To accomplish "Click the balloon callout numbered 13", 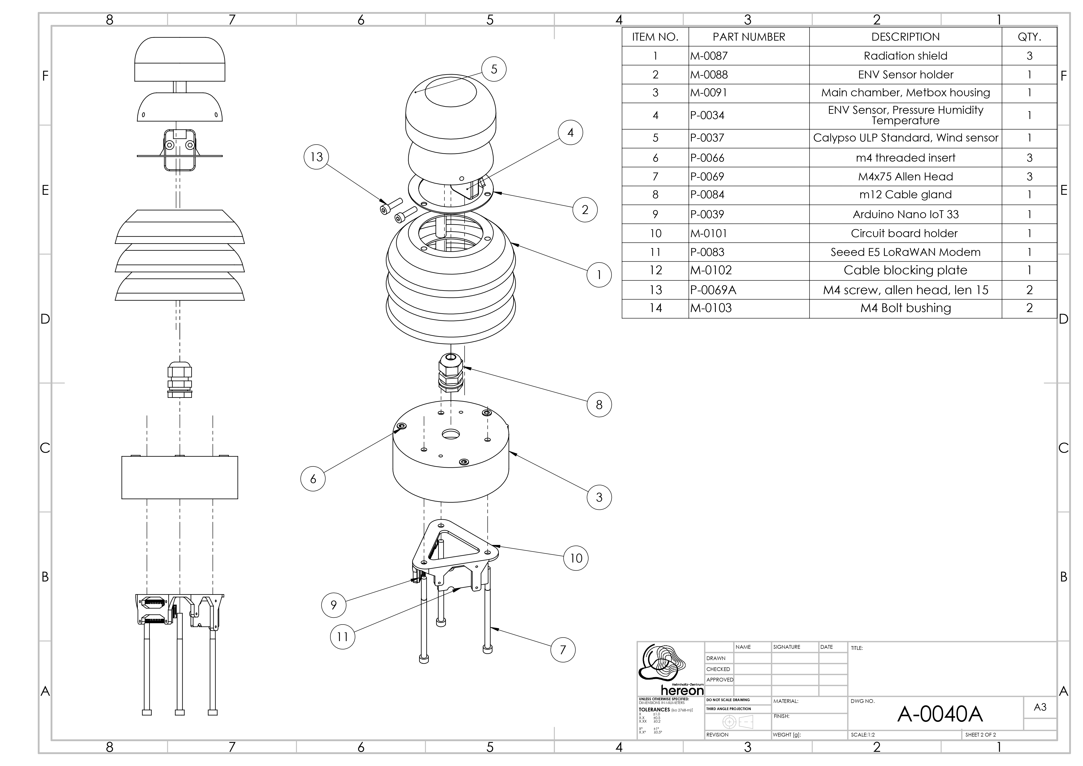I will pos(317,157).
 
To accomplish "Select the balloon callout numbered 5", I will pos(494,69).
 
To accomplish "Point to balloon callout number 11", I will pos(343,637).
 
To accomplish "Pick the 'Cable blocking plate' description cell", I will pos(905,270).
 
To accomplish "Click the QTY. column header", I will pos(1029,37).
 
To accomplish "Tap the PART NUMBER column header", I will pos(749,37).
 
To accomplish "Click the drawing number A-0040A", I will pos(940,714).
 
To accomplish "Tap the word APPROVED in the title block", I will pos(720,680).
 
